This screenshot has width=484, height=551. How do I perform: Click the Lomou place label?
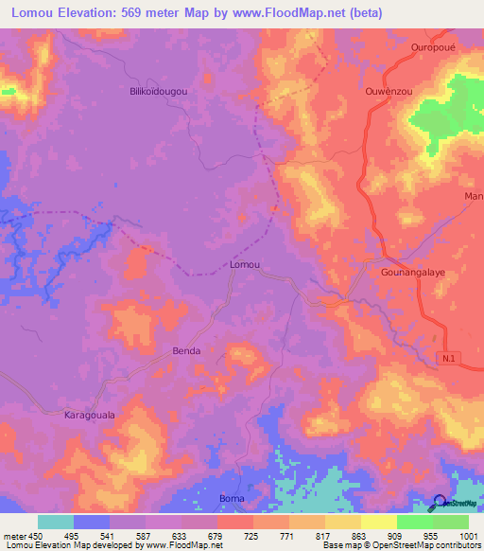245,266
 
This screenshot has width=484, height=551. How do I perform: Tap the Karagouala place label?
89,415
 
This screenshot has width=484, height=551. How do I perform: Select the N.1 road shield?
450,356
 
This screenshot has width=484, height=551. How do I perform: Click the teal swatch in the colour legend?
55,522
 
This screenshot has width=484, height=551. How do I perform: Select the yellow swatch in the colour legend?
378,522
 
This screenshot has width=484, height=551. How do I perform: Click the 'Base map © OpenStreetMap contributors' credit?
400,545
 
